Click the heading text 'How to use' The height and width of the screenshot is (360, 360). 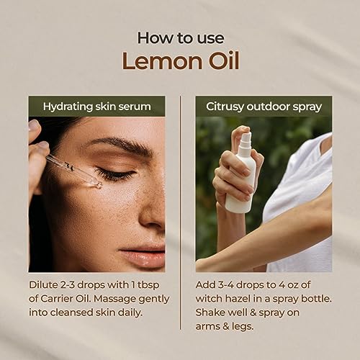click(x=179, y=37)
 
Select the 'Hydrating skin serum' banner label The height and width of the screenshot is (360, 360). click(x=96, y=106)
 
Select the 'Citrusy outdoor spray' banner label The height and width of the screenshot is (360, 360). click(x=264, y=106)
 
